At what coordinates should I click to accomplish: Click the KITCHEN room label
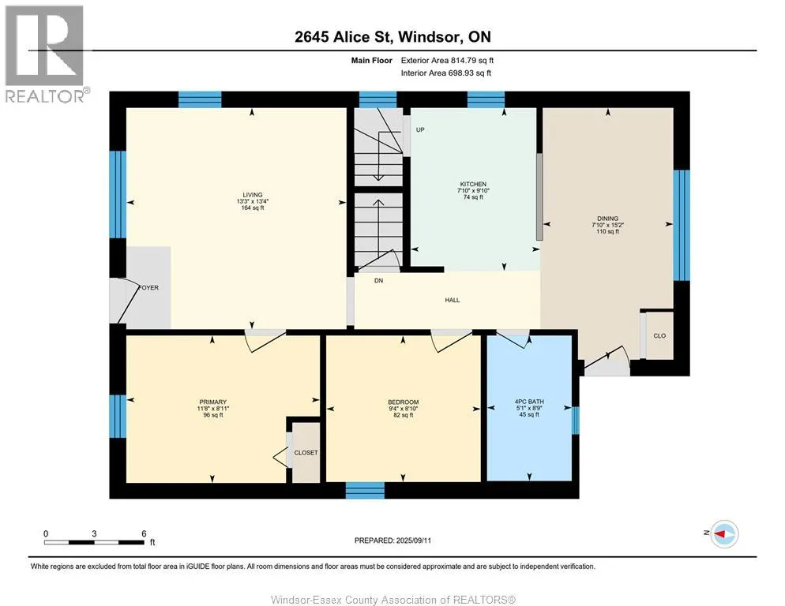pyautogui.click(x=473, y=184)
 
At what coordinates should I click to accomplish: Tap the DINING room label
pyautogui.click(x=607, y=219)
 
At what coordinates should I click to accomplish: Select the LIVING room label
pyautogui.click(x=253, y=195)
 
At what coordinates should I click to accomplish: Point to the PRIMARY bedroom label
pyautogui.click(x=212, y=402)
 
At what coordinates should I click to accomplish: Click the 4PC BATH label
pyautogui.click(x=529, y=402)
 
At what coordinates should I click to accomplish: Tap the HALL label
pyautogui.click(x=452, y=301)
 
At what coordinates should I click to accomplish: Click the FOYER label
pyautogui.click(x=148, y=288)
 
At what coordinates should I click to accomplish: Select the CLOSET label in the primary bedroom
pyautogui.click(x=306, y=452)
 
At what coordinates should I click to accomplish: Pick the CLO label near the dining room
pyautogui.click(x=659, y=336)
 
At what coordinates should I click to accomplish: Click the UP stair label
pyautogui.click(x=420, y=129)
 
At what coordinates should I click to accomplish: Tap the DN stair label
pyautogui.click(x=378, y=281)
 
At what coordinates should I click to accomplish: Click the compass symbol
pyautogui.click(x=725, y=534)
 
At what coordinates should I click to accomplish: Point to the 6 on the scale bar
pyautogui.click(x=144, y=533)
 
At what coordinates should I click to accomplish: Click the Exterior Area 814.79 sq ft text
pyautogui.click(x=447, y=61)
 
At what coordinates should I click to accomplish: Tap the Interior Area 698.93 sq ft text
pyautogui.click(x=445, y=73)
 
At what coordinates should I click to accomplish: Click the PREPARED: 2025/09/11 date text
pyautogui.click(x=392, y=541)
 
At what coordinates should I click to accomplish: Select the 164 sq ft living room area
pyautogui.click(x=253, y=208)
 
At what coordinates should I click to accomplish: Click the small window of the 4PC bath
pyautogui.click(x=575, y=421)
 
